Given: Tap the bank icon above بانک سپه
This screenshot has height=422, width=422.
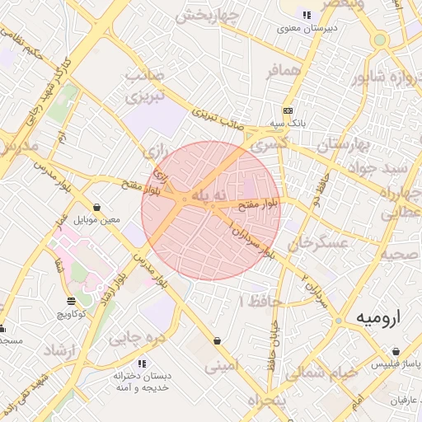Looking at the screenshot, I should point(287,110).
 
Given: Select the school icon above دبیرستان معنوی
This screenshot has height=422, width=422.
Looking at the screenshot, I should point(307,15).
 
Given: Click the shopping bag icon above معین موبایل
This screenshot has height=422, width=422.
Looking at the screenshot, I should point(97,207).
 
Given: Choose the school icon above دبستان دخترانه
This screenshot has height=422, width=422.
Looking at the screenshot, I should point(142,363).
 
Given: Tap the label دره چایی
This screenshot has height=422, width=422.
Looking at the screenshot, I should point(138,337).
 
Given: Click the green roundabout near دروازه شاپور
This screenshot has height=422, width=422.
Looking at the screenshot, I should point(379,40).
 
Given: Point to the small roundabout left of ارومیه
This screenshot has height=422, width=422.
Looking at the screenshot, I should point(338,321).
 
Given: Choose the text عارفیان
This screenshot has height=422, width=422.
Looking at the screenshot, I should point(392,400).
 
